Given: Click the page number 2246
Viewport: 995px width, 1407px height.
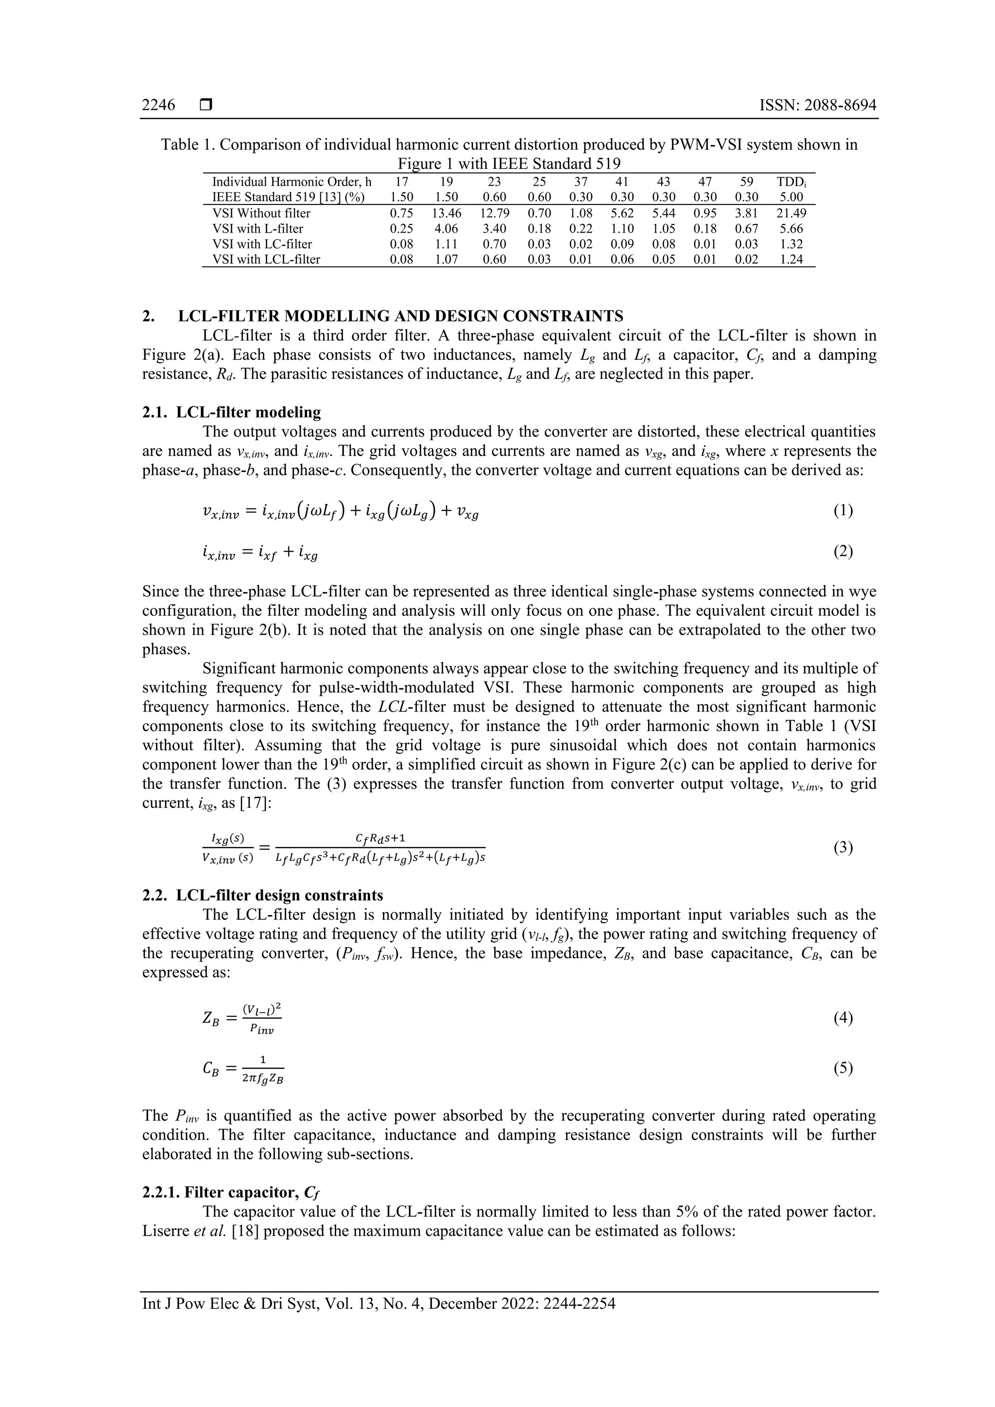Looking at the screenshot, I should click(x=158, y=105).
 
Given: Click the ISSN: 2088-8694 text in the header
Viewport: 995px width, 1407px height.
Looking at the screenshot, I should click(x=818, y=105).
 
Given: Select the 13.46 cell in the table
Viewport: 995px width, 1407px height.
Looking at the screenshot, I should click(x=446, y=213).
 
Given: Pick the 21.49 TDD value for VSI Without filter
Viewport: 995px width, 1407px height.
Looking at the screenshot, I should click(x=791, y=213).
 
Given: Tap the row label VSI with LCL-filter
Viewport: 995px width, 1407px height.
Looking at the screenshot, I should click(x=266, y=259).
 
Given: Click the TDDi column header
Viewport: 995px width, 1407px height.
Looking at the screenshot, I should click(x=791, y=182).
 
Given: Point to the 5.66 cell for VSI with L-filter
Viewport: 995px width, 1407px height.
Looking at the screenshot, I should click(x=791, y=229).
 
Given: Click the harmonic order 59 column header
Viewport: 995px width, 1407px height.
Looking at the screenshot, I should click(x=746, y=182).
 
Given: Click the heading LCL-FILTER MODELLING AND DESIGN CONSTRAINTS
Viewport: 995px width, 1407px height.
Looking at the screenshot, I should click(x=400, y=316).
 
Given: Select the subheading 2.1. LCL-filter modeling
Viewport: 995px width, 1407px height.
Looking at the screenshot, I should click(x=231, y=412).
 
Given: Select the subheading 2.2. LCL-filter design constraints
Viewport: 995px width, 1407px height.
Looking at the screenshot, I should click(x=262, y=895).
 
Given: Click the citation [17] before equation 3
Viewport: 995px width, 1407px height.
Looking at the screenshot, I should click(x=255, y=803).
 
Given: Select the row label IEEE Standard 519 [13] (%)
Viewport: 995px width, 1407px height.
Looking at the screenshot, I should click(x=288, y=197).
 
